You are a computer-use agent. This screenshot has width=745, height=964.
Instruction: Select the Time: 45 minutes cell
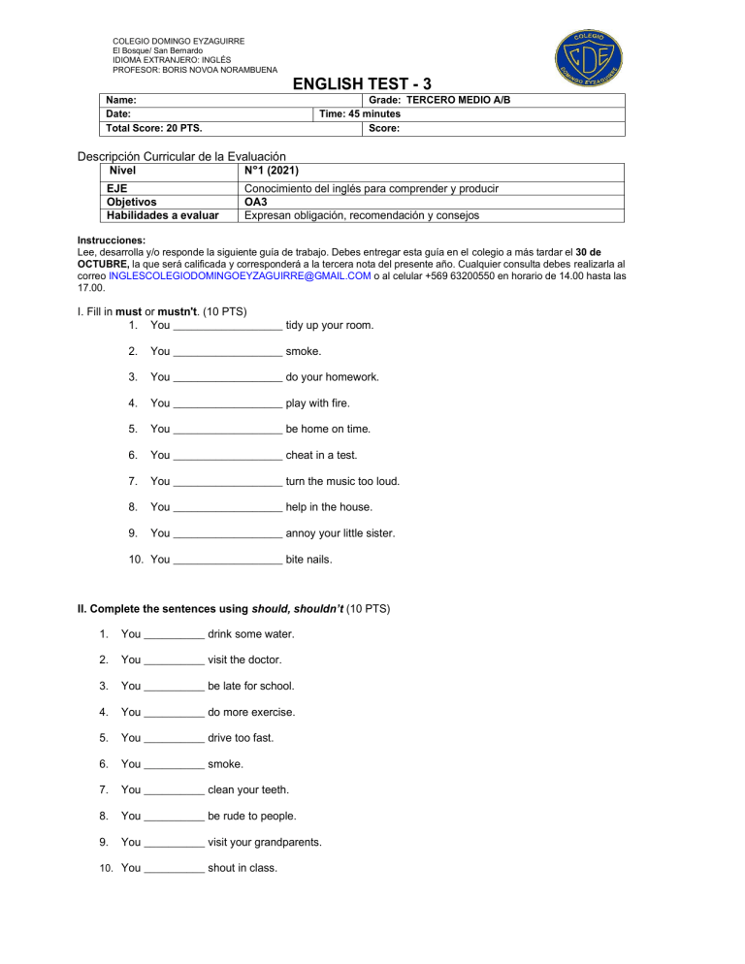360,113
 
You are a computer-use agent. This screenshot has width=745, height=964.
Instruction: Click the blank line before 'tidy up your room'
227,325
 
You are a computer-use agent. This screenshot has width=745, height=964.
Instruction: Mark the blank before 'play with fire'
227,403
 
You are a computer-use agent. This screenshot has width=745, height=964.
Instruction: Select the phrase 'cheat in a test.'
321,455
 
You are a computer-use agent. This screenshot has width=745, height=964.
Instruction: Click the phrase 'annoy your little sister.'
340,533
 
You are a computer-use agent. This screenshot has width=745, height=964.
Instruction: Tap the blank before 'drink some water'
174,635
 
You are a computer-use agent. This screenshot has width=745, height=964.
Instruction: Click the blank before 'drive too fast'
174,739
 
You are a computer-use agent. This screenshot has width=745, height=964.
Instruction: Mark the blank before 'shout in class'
174,869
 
